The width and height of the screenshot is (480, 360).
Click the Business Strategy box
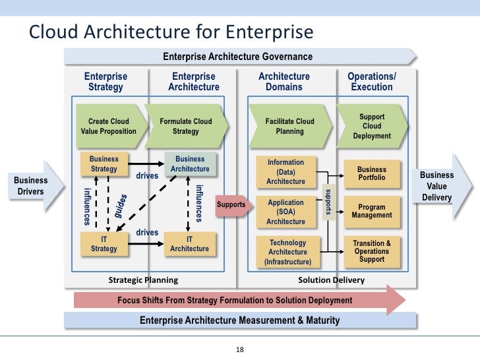pos(104,164)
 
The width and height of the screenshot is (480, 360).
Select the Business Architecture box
pos(190,164)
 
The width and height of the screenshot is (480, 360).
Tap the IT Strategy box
pos(104,244)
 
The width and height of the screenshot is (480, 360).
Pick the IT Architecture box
pos(189,244)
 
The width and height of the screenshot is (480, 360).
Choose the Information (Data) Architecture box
pos(285,171)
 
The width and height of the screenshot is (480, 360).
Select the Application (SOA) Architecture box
pos(285,212)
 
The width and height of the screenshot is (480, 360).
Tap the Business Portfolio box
pos(372,173)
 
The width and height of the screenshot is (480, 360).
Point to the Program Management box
pos(372,211)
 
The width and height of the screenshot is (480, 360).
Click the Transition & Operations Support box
pos(372,251)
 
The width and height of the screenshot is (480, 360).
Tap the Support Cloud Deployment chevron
pos(373,126)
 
